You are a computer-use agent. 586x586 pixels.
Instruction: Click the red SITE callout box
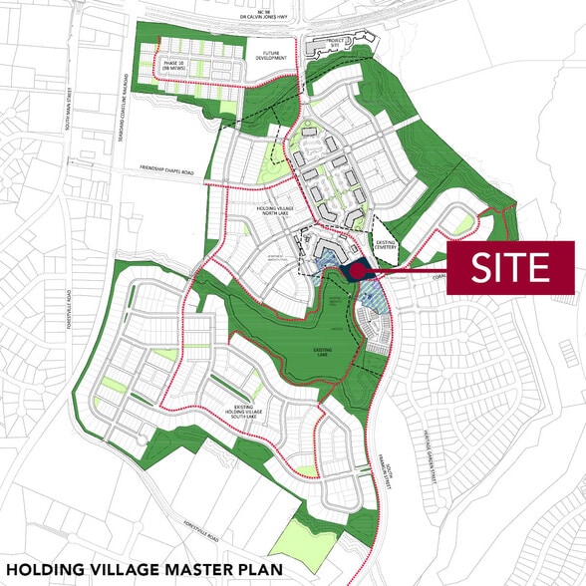point(510,267)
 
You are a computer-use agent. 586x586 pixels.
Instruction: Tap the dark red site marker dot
point(357,269)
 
